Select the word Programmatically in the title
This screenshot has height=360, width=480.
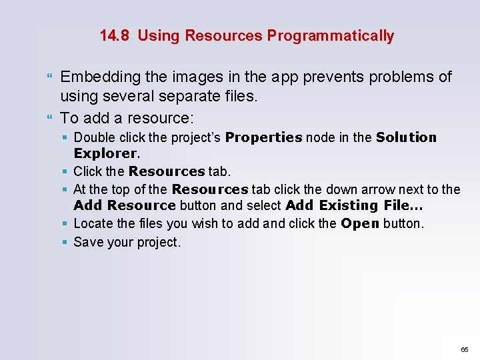click(330, 35)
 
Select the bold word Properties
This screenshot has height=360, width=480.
click(264, 137)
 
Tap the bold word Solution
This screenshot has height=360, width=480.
click(406, 137)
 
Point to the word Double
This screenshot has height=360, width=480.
click(94, 137)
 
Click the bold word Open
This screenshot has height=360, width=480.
click(359, 223)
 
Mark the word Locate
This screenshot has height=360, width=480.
click(92, 223)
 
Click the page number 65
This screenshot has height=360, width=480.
click(465, 349)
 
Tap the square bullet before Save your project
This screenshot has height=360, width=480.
click(65, 242)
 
